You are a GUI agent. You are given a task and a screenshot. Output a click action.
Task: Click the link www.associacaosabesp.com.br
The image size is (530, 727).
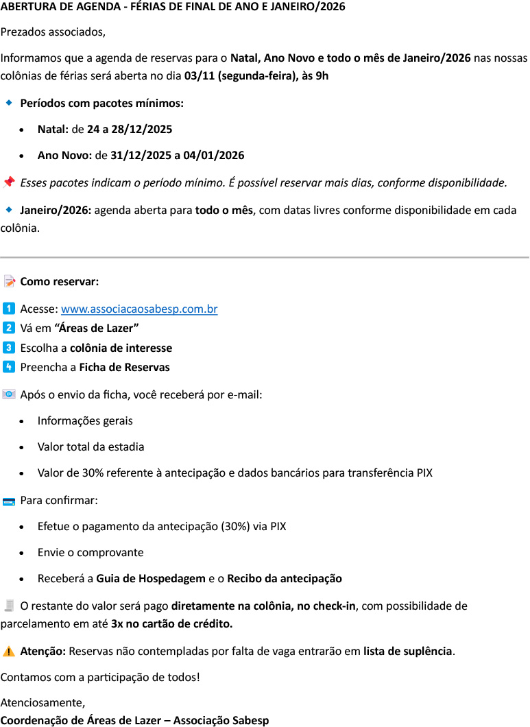(x=139, y=309)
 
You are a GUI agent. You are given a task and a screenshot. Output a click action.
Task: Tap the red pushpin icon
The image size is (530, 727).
(x=9, y=182)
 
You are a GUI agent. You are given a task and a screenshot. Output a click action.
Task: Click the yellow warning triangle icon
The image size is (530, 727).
(x=9, y=651)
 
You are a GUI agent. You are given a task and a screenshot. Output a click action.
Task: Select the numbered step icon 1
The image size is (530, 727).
(x=9, y=309)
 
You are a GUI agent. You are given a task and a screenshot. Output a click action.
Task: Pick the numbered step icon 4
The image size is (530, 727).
(x=9, y=367)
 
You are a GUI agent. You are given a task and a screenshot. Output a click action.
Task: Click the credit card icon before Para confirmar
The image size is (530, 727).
(x=9, y=501)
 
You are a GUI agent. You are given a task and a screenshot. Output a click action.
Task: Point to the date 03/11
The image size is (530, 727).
(x=199, y=75)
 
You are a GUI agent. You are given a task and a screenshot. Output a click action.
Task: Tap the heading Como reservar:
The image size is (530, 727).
(x=60, y=282)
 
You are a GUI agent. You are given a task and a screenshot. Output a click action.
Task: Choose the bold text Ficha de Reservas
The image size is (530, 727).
(x=124, y=367)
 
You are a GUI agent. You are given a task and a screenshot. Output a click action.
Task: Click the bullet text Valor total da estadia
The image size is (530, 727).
(x=91, y=446)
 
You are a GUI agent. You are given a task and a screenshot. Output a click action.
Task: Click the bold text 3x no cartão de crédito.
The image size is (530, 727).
(x=172, y=624)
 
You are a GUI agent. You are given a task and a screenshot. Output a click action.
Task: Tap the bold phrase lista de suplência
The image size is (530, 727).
(x=408, y=651)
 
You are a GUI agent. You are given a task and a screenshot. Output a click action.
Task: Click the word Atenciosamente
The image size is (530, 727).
(x=43, y=702)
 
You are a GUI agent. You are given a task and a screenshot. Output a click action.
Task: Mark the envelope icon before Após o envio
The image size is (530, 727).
(x=9, y=394)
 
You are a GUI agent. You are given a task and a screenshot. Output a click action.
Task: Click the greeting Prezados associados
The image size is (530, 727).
(x=53, y=32)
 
